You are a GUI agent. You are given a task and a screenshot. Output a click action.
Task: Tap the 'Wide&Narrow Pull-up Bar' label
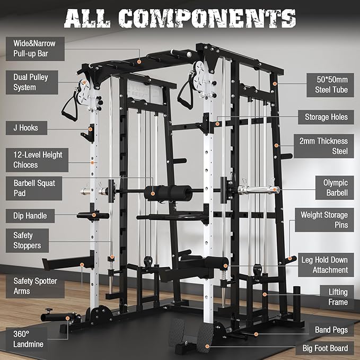point(35,48)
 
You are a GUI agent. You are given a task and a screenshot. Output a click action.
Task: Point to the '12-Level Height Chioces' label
point(38,160)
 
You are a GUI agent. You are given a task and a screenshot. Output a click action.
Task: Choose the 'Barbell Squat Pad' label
point(35,188)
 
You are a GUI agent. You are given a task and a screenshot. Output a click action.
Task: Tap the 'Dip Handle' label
point(31,216)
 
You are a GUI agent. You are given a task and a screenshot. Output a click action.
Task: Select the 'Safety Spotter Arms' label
point(35,286)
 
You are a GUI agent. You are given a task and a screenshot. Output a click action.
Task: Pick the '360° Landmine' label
point(29,339)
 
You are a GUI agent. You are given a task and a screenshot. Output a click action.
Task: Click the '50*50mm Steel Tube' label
point(329,85)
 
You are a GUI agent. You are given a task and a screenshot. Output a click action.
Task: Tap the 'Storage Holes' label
point(326,117)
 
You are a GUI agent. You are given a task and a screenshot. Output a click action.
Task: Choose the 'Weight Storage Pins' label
point(324,220)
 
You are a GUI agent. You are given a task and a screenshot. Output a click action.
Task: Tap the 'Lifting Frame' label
point(337,297)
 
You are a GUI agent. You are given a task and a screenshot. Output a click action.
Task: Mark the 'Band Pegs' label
point(331,330)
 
